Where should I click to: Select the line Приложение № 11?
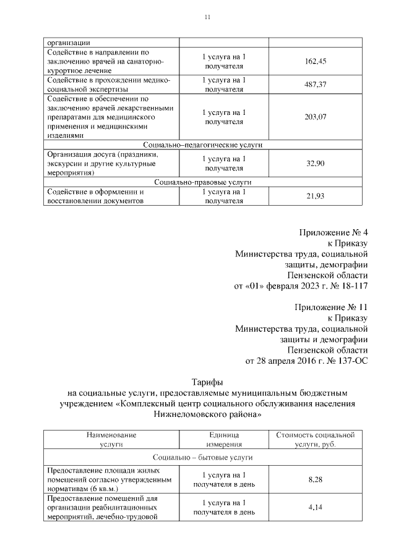point(331,306)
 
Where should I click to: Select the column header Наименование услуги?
point(111,439)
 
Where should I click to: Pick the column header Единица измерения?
point(220,439)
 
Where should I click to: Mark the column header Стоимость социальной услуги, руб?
point(316,439)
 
